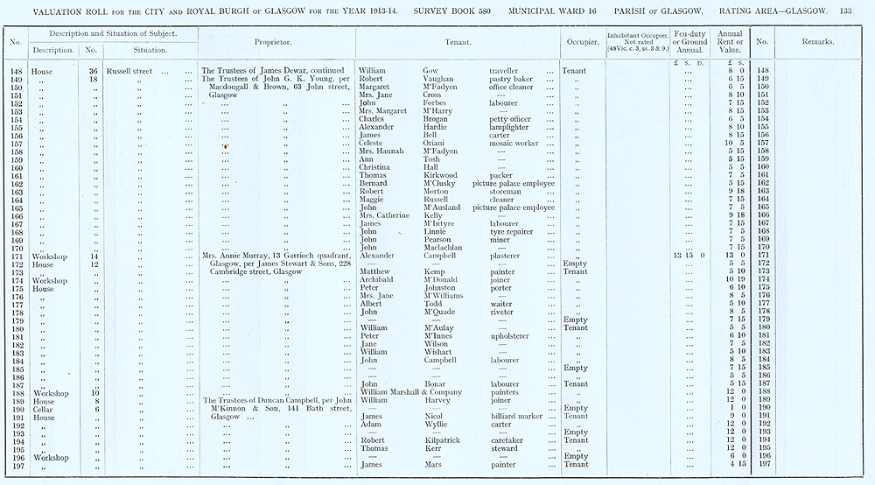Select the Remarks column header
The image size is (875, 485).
pos(817,42)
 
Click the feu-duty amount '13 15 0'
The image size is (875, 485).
pos(691,256)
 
